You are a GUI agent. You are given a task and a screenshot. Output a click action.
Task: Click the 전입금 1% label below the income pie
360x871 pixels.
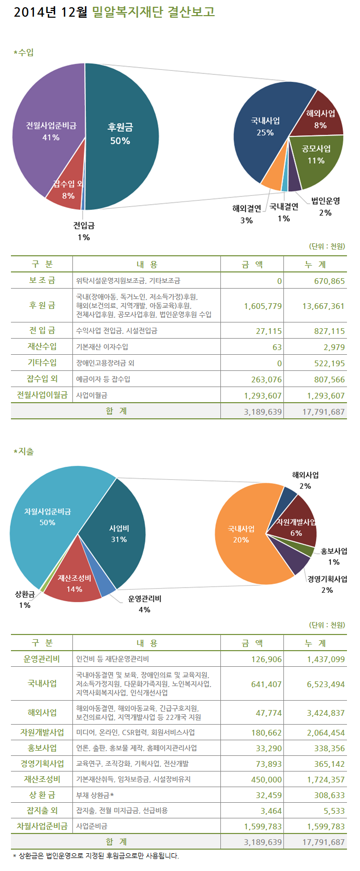pos(84,231)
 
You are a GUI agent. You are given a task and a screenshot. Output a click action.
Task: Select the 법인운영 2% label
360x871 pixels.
pos(326,206)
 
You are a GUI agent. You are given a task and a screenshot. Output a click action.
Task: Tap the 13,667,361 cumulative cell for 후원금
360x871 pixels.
pos(323,306)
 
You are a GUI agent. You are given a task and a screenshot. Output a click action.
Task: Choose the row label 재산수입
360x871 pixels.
pos(42,346)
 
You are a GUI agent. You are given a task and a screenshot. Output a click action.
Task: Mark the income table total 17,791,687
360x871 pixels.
pos(323,412)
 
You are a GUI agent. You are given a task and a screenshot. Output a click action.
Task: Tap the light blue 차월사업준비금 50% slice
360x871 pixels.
pos(47,516)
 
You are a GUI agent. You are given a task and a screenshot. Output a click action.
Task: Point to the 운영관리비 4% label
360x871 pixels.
pos(144,604)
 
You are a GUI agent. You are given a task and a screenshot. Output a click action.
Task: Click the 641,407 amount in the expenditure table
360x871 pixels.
pos(266,684)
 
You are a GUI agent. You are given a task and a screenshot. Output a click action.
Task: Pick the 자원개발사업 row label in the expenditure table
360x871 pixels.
pos(42,732)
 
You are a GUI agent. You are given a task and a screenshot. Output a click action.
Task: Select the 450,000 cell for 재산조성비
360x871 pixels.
pos(266,780)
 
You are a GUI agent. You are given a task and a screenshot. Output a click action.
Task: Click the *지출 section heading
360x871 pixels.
pos(24,451)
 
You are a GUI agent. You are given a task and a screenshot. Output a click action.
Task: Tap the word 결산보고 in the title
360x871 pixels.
pos(191,11)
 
